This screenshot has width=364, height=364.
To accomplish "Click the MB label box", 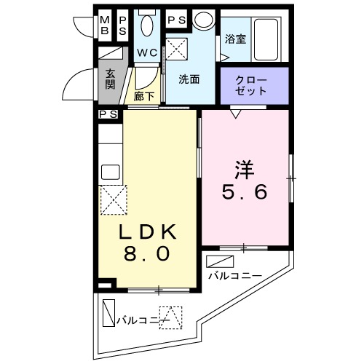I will click(105, 25).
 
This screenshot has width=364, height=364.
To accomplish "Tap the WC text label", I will click(148, 52).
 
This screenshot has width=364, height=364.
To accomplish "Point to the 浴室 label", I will click(234, 39).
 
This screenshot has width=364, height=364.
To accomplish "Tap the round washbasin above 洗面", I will click(204, 20).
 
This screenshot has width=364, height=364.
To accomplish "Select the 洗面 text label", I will click(189, 79).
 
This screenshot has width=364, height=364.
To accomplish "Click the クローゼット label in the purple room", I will click(252, 85).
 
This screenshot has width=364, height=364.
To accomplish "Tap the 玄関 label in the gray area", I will click(110, 79).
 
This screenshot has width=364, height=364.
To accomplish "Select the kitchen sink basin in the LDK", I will click(110, 173).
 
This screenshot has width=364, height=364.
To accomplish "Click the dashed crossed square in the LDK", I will click(113, 199).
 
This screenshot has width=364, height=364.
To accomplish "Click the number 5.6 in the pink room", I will click(245, 192).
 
